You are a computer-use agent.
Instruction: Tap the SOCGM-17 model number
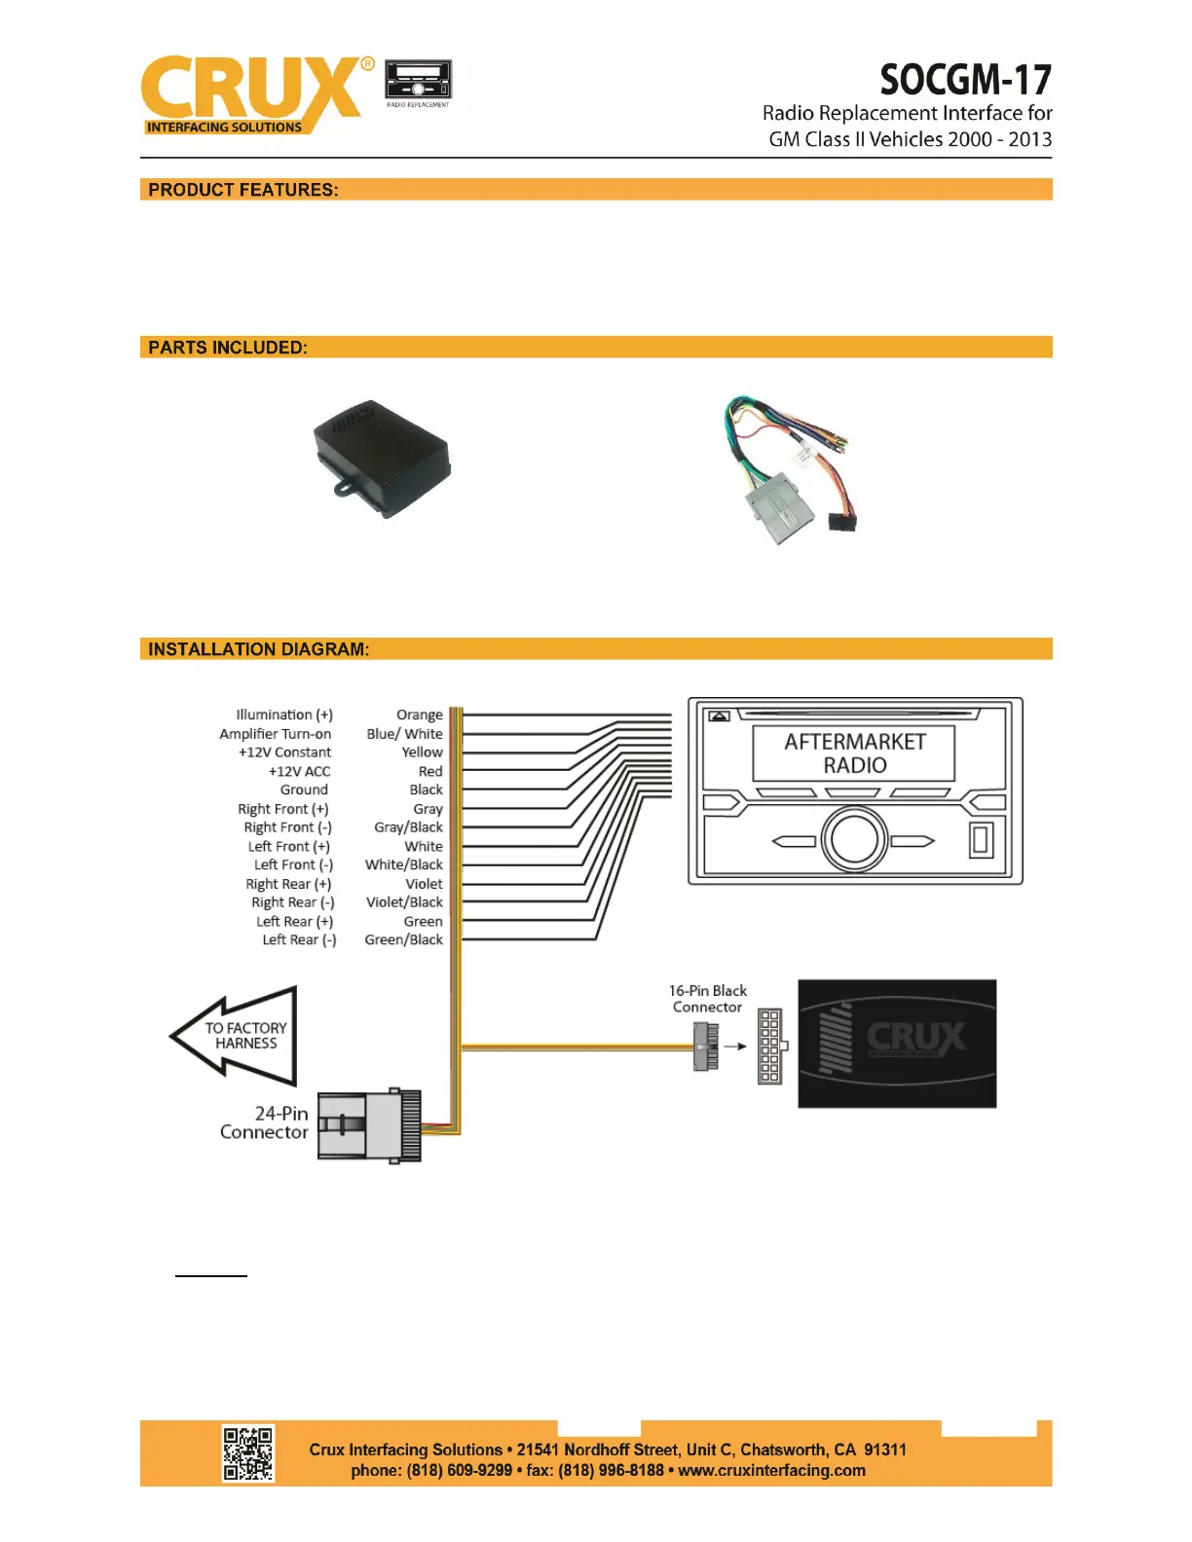965,80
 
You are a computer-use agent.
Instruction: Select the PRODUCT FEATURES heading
243,190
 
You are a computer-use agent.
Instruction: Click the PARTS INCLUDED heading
228,348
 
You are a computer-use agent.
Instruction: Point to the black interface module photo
382,458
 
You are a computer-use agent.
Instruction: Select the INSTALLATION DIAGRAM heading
259,649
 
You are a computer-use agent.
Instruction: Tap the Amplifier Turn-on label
275,734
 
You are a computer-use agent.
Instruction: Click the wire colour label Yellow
422,753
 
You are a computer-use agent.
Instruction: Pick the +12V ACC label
299,771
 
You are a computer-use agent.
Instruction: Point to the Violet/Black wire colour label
404,902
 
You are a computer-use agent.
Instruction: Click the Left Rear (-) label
299,939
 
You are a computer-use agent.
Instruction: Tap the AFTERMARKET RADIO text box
854,753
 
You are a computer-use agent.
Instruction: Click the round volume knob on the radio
854,840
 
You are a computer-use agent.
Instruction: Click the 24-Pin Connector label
265,1122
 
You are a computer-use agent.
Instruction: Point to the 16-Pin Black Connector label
708,999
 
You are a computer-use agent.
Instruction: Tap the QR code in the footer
248,1453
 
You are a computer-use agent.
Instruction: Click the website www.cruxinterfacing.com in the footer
771,1471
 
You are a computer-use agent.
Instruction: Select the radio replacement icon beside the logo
419,82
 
